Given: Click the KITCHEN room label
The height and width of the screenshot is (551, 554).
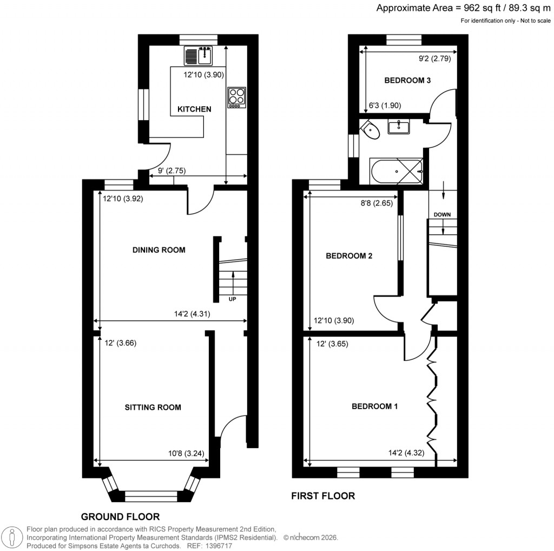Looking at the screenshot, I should [x=194, y=109].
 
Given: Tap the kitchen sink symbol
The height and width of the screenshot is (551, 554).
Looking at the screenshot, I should [x=200, y=55].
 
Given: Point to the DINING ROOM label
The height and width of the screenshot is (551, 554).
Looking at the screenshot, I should [x=159, y=250].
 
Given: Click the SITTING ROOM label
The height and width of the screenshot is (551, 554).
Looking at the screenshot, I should [x=153, y=407].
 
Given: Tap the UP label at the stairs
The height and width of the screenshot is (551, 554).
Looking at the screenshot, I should [x=232, y=299].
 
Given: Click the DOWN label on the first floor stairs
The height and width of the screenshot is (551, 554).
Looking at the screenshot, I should [x=442, y=214].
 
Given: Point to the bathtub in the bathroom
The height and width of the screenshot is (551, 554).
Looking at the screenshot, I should [x=397, y=169].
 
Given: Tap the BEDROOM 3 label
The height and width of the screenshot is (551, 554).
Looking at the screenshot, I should [x=407, y=81].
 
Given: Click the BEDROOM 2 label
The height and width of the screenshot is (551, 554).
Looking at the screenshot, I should [x=349, y=256].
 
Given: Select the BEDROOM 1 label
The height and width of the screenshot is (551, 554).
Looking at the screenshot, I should [x=375, y=406].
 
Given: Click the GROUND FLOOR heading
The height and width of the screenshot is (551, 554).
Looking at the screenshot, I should [x=120, y=516].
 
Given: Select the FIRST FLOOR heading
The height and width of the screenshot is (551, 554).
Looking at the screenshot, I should [x=323, y=496].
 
